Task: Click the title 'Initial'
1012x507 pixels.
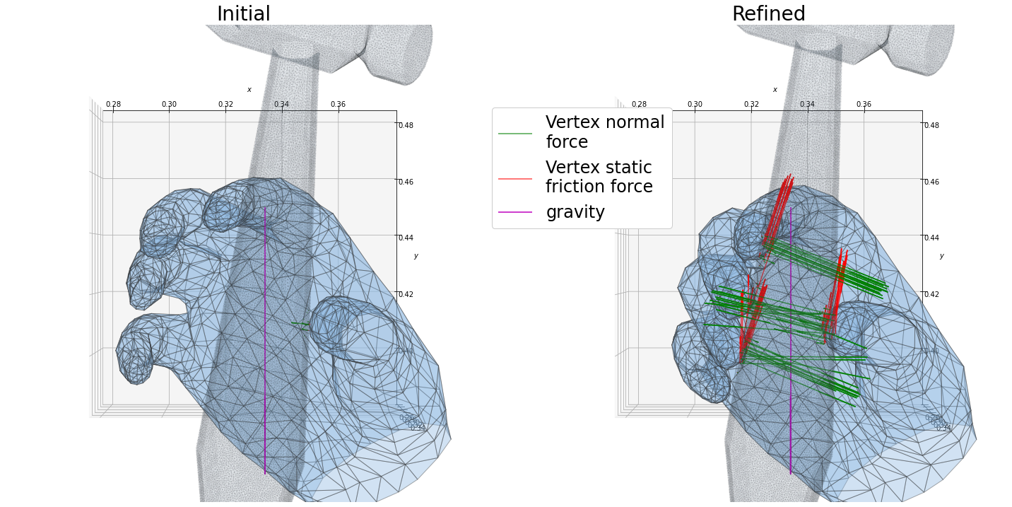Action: point(243,14)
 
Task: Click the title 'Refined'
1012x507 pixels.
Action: point(768,14)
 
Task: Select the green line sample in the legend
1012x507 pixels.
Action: point(514,133)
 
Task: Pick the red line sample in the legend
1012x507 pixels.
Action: point(514,178)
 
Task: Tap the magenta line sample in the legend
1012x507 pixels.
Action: point(514,212)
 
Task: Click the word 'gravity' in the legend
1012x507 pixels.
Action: point(575,212)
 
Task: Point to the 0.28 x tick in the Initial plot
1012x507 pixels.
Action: point(113,105)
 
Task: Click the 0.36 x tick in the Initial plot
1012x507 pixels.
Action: point(338,105)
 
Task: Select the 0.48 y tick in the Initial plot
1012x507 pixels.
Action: point(406,126)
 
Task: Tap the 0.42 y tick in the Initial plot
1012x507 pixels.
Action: point(406,294)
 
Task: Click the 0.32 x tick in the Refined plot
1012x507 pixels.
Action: point(751,105)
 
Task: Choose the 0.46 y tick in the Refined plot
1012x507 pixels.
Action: point(931,182)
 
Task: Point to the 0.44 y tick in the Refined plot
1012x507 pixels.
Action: point(931,238)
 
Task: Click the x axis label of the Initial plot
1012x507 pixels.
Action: point(249,90)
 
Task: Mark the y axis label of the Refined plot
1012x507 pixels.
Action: point(941,256)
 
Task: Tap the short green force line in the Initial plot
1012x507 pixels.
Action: point(300,324)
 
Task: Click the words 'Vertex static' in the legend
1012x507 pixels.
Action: point(598,168)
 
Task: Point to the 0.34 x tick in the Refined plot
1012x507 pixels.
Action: point(807,105)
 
